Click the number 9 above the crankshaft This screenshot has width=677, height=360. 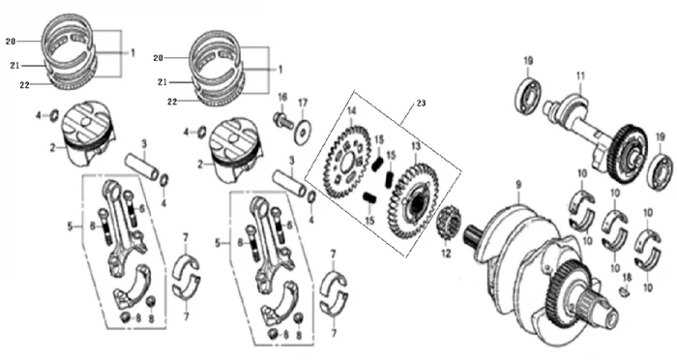(x=518, y=185)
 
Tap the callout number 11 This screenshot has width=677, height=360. (x=580, y=76)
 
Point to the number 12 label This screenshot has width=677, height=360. (x=446, y=254)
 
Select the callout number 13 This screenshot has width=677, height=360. (x=415, y=146)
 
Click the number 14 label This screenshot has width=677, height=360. (x=351, y=111)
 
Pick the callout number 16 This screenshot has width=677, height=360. (x=282, y=97)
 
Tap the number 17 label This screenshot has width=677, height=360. (x=303, y=104)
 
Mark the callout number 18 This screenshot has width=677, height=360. (x=627, y=278)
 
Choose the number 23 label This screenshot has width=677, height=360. (x=421, y=104)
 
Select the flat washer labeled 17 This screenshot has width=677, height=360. (x=304, y=132)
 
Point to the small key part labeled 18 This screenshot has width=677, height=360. (x=625, y=293)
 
